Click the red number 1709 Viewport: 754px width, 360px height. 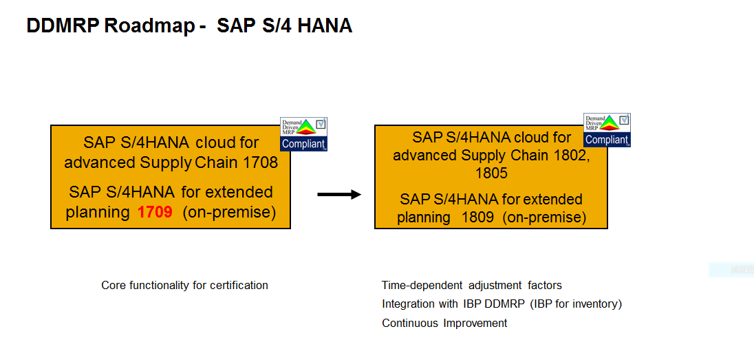155,212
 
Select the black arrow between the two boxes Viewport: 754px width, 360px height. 338,195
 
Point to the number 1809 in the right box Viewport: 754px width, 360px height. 477,218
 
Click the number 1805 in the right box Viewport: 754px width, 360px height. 491,173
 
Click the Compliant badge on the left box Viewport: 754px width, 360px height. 303,134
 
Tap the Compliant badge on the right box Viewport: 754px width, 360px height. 607,130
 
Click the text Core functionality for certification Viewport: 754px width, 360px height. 184,285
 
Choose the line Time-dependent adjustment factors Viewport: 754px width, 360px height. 472,285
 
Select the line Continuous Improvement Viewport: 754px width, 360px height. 444,323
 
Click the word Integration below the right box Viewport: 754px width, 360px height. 408,304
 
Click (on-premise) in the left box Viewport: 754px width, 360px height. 229,212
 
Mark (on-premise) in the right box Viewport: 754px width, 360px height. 544,218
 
